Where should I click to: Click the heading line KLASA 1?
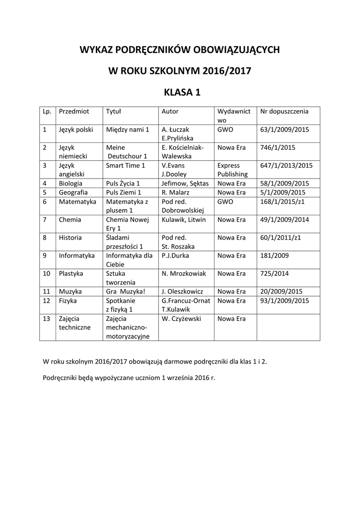[180, 93]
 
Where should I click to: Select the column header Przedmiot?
[73, 112]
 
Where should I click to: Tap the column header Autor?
[170, 112]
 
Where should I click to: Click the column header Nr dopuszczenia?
[284, 112]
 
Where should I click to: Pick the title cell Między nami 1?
[128, 129]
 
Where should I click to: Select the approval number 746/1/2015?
[278, 147]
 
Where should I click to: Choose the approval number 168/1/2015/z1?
[282, 201]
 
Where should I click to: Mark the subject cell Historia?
[70, 238]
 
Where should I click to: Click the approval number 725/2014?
[274, 273]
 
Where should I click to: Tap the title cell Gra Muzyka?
[126, 291]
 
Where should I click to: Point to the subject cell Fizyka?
[68, 301]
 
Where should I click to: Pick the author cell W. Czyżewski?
[181, 318]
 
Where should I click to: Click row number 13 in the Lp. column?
[46, 318]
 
